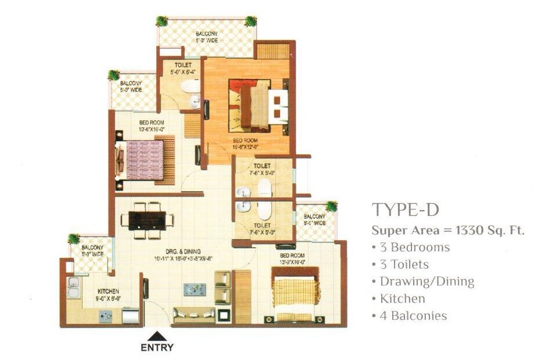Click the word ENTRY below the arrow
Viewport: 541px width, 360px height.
[x=157, y=348]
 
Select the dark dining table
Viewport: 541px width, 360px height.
[x=147, y=220]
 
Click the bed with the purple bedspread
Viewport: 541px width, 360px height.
[x=146, y=160]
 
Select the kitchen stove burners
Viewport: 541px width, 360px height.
[x=106, y=316]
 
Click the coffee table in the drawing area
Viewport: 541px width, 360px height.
[x=195, y=289]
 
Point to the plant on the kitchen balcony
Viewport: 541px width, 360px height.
[x=74, y=239]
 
